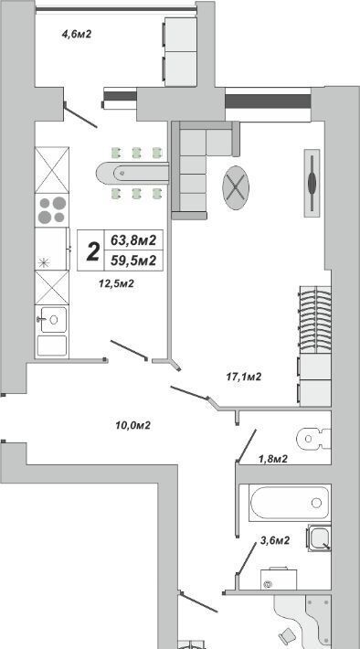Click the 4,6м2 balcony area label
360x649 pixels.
tap(76, 34)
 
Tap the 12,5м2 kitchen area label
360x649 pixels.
tap(116, 283)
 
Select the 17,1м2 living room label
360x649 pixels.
tap(244, 377)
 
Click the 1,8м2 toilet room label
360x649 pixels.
tap(273, 459)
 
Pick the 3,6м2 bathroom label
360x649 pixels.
tap(274, 540)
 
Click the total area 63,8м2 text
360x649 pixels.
tap(133, 239)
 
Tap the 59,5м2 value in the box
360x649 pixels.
tap(133, 261)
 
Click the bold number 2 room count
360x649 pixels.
tap(92, 251)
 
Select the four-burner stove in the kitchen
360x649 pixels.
tap(52, 210)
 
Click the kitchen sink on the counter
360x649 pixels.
tap(53, 319)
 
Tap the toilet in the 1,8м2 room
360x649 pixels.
tap(313, 439)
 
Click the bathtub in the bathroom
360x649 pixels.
tap(290, 503)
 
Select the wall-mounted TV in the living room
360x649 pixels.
tap(312, 183)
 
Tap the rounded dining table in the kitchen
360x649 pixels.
tap(132, 174)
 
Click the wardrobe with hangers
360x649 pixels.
tap(315, 319)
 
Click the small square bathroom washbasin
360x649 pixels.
tap(319, 537)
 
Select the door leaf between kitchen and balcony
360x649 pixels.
tap(80, 115)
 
